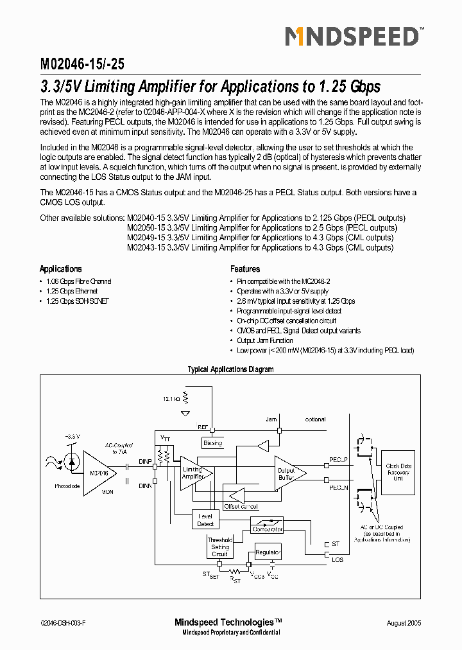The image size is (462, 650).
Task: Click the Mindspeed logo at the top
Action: [x=352, y=37]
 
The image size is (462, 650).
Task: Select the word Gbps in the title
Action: [x=362, y=86]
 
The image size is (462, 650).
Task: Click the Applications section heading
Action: [x=60, y=269]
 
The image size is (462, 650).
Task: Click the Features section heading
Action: [x=245, y=269]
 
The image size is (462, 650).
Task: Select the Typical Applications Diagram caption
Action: [x=230, y=369]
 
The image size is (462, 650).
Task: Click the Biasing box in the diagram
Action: [x=212, y=443]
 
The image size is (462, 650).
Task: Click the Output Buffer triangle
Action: [x=287, y=473]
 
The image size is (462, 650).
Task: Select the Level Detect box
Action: [x=205, y=520]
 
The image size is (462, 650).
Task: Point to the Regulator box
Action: [x=268, y=552]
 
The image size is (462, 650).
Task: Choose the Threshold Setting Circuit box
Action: [x=219, y=547]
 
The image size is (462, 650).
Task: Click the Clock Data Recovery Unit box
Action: [x=398, y=472]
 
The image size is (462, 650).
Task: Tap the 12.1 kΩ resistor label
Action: [x=171, y=399]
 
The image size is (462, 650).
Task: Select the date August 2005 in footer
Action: [x=404, y=624]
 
